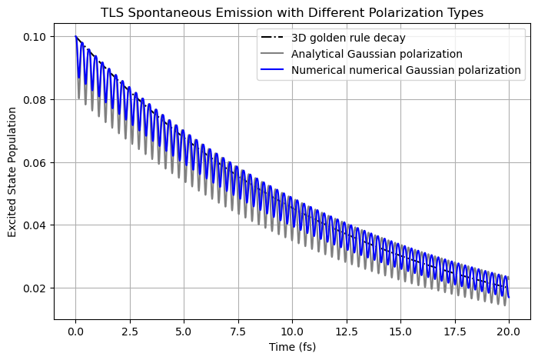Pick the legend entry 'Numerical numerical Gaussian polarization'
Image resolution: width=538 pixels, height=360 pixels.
pos(406,70)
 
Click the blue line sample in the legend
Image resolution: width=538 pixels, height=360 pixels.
pos(274,70)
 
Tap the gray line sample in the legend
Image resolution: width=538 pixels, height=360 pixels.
pos(274,54)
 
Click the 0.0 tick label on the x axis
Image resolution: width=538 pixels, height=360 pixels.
pos(75,331)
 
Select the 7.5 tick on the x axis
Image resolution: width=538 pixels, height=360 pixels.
pos(237,331)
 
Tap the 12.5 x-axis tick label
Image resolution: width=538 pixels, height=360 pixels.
pos(346,331)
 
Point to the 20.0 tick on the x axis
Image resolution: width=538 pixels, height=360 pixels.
pos(508,331)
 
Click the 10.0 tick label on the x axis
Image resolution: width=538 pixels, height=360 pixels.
pos(292,331)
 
